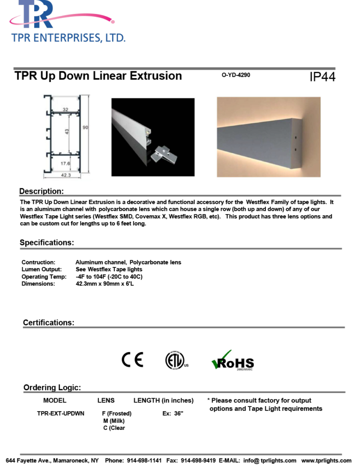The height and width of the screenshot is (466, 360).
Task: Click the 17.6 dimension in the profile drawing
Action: pos(65,164)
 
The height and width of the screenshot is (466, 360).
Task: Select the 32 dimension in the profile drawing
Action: pos(65,110)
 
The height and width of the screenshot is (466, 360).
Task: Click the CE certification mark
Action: pos(132,360)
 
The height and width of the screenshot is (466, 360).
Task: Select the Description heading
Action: pos(41,192)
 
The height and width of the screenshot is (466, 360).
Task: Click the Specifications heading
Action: pos(46,243)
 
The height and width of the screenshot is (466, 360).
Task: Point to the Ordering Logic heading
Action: pos(52,387)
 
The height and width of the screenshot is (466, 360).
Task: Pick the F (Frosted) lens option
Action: pos(116,414)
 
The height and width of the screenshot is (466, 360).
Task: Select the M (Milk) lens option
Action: pos(114,421)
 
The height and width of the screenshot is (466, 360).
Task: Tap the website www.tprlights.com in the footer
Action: pos(326,460)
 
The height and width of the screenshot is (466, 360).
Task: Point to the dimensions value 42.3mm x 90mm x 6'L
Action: pos(105,283)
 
